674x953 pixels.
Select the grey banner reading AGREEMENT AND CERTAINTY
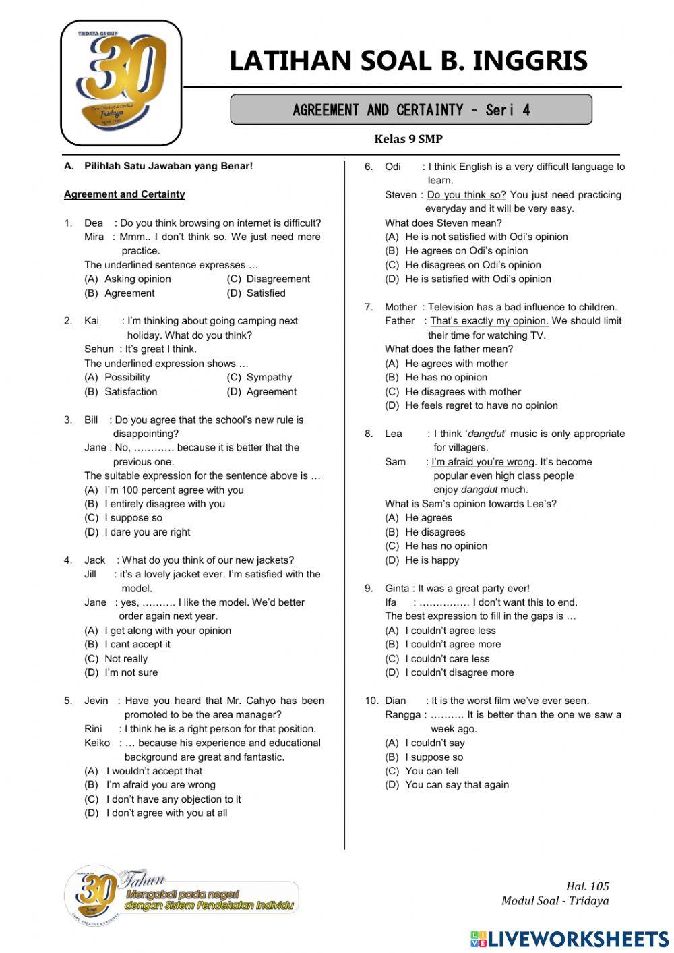[411, 110]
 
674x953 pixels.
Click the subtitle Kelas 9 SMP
[408, 139]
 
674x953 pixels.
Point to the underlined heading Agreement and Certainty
[124, 194]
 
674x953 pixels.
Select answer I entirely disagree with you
[164, 504]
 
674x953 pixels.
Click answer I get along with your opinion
[168, 631]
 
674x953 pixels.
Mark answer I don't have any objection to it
[173, 799]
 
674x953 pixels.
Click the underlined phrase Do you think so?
[466, 195]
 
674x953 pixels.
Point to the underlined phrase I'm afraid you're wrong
[483, 462]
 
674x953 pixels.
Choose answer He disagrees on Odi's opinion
[472, 265]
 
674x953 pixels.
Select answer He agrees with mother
[456, 364]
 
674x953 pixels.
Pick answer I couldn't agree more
[453, 644]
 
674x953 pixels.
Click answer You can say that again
[457, 785]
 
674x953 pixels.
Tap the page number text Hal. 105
[587, 886]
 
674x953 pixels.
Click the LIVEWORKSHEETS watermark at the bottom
[570, 939]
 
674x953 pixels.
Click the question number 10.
[371, 701]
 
